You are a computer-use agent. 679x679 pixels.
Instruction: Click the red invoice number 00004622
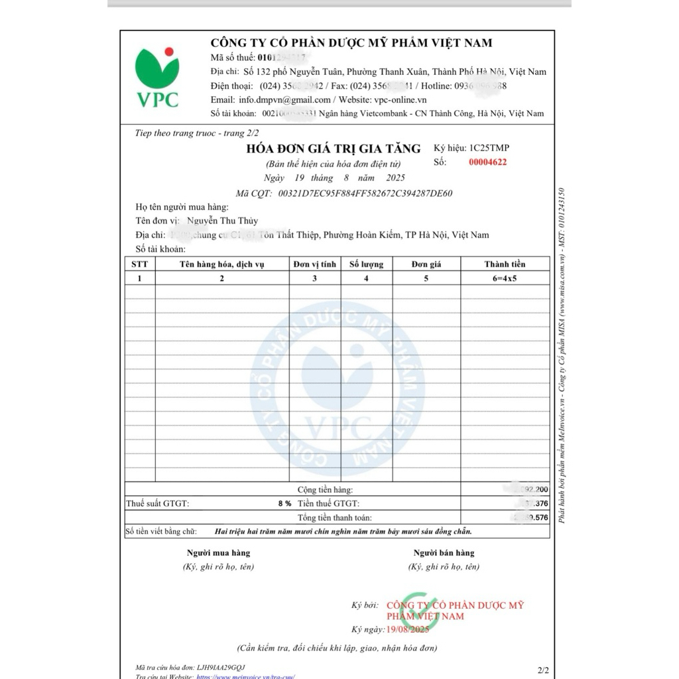[487, 162]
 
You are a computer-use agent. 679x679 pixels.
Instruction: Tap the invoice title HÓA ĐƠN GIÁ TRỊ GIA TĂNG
[334, 149]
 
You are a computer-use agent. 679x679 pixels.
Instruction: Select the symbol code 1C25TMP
[489, 148]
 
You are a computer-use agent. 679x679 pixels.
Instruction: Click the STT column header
[139, 264]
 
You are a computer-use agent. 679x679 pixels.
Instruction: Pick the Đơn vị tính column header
[315, 264]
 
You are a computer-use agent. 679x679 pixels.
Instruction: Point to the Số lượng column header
[366, 264]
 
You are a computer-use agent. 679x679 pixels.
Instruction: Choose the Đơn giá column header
[426, 264]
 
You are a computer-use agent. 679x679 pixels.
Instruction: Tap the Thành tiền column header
[505, 264]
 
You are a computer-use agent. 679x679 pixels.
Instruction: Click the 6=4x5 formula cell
[505, 278]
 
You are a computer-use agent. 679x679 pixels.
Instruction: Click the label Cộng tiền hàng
[325, 490]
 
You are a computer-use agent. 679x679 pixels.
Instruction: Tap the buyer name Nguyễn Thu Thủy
[223, 221]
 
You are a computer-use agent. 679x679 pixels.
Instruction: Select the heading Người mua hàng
[218, 553]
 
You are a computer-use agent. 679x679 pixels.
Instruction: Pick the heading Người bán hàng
[444, 553]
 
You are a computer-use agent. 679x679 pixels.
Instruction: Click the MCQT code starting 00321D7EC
[365, 194]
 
